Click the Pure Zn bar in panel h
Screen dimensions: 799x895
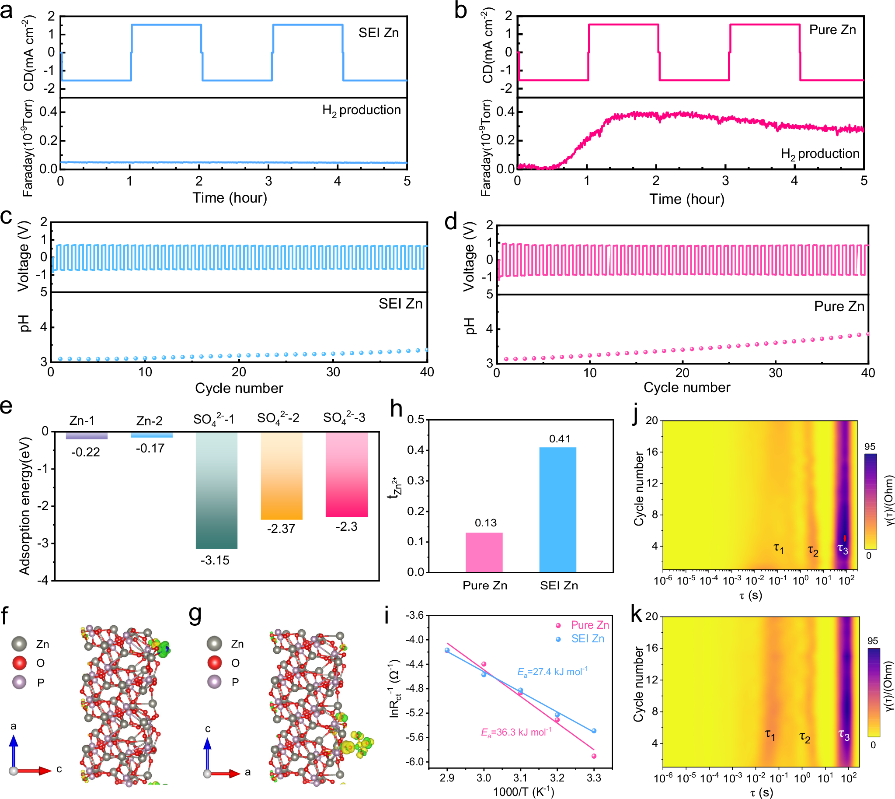click(484, 552)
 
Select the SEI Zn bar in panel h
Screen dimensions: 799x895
click(557, 509)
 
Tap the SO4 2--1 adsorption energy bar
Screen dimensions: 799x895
click(216, 490)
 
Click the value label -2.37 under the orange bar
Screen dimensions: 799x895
click(281, 529)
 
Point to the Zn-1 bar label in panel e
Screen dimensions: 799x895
click(82, 421)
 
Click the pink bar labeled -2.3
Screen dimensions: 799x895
click(346, 474)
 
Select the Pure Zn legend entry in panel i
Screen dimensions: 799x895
click(589, 625)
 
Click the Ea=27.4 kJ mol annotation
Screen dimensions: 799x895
click(552, 672)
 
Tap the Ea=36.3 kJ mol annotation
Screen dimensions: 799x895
click(516, 732)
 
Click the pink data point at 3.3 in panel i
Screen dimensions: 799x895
click(594, 756)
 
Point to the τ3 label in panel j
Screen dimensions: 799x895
click(843, 548)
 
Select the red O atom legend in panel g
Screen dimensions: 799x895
click(215, 662)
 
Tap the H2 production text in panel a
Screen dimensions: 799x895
click(362, 110)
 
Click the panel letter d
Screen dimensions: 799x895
click(451, 221)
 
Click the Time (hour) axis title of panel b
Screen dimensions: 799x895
click(686, 199)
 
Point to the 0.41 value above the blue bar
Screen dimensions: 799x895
click(559, 438)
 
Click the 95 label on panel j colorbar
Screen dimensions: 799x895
click(870, 446)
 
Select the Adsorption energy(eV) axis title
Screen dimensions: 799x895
click(24, 505)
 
